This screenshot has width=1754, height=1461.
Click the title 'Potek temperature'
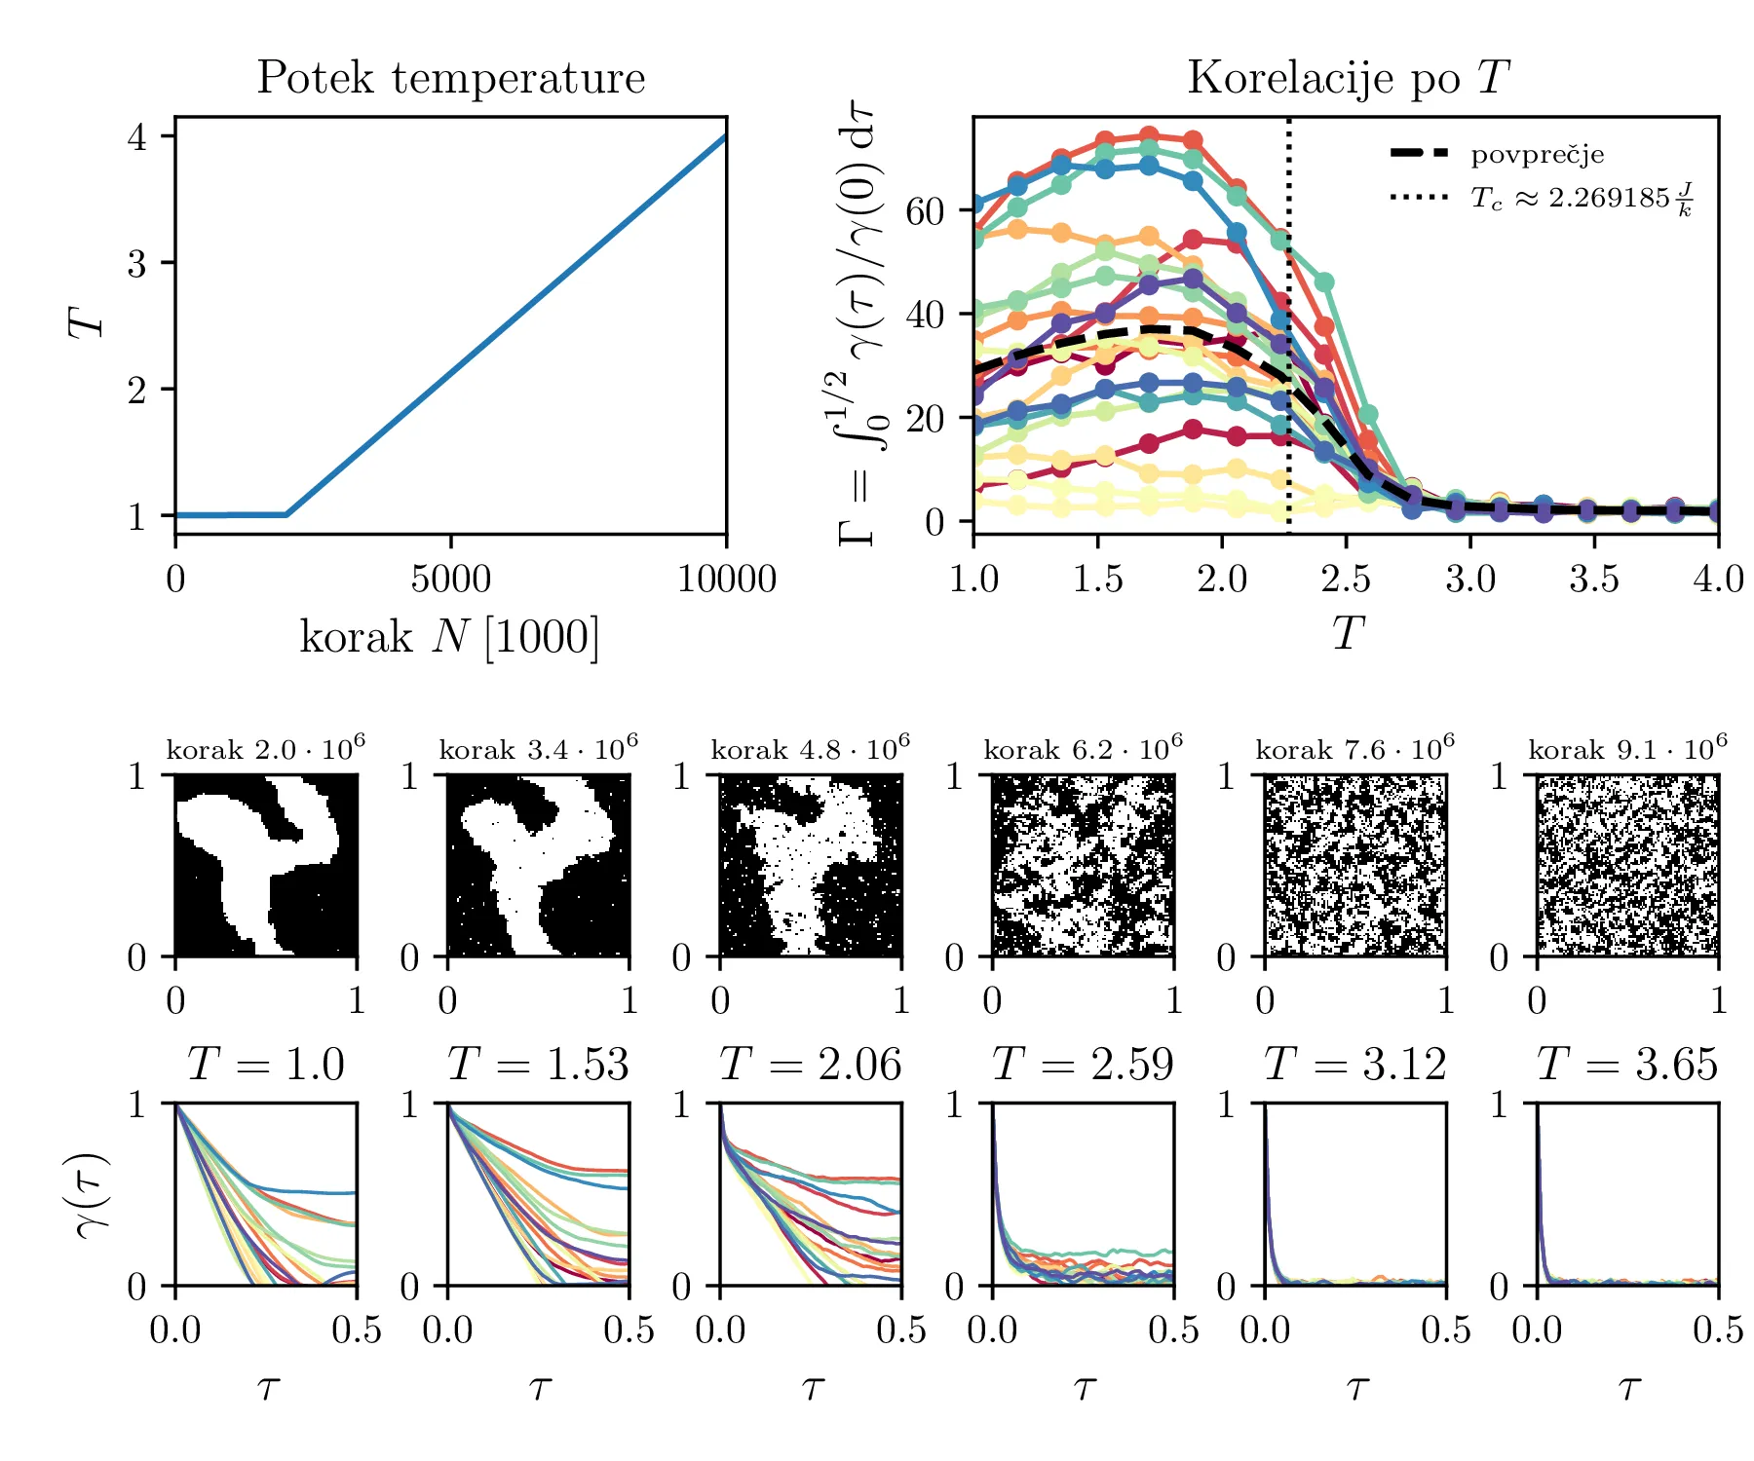pyautogui.click(x=450, y=78)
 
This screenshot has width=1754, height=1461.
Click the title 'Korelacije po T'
pyautogui.click(x=1348, y=78)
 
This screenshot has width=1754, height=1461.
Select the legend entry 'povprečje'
pyautogui.click(x=1537, y=155)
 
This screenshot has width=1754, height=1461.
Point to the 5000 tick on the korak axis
pyautogui.click(x=450, y=580)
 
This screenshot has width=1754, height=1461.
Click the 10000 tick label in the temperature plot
pyautogui.click(x=726, y=580)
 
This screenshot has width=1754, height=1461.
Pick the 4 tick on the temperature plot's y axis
pyautogui.click(x=137, y=136)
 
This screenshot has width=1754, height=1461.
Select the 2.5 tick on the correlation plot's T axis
pyautogui.click(x=1346, y=580)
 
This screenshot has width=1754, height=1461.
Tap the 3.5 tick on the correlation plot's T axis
pyautogui.click(x=1594, y=580)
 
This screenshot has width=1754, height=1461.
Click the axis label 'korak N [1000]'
pyautogui.click(x=449, y=637)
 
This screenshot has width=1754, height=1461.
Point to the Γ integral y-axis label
pyautogui.click(x=858, y=326)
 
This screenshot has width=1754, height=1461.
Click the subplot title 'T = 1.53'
pyautogui.click(x=538, y=1064)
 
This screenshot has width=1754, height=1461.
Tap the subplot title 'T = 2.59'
pyautogui.click(x=1083, y=1064)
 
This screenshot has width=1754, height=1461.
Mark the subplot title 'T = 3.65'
pyautogui.click(x=1627, y=1064)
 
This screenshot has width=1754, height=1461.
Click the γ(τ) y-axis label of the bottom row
pyautogui.click(x=94, y=1195)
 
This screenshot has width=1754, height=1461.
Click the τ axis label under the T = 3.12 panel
pyautogui.click(x=1355, y=1387)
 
